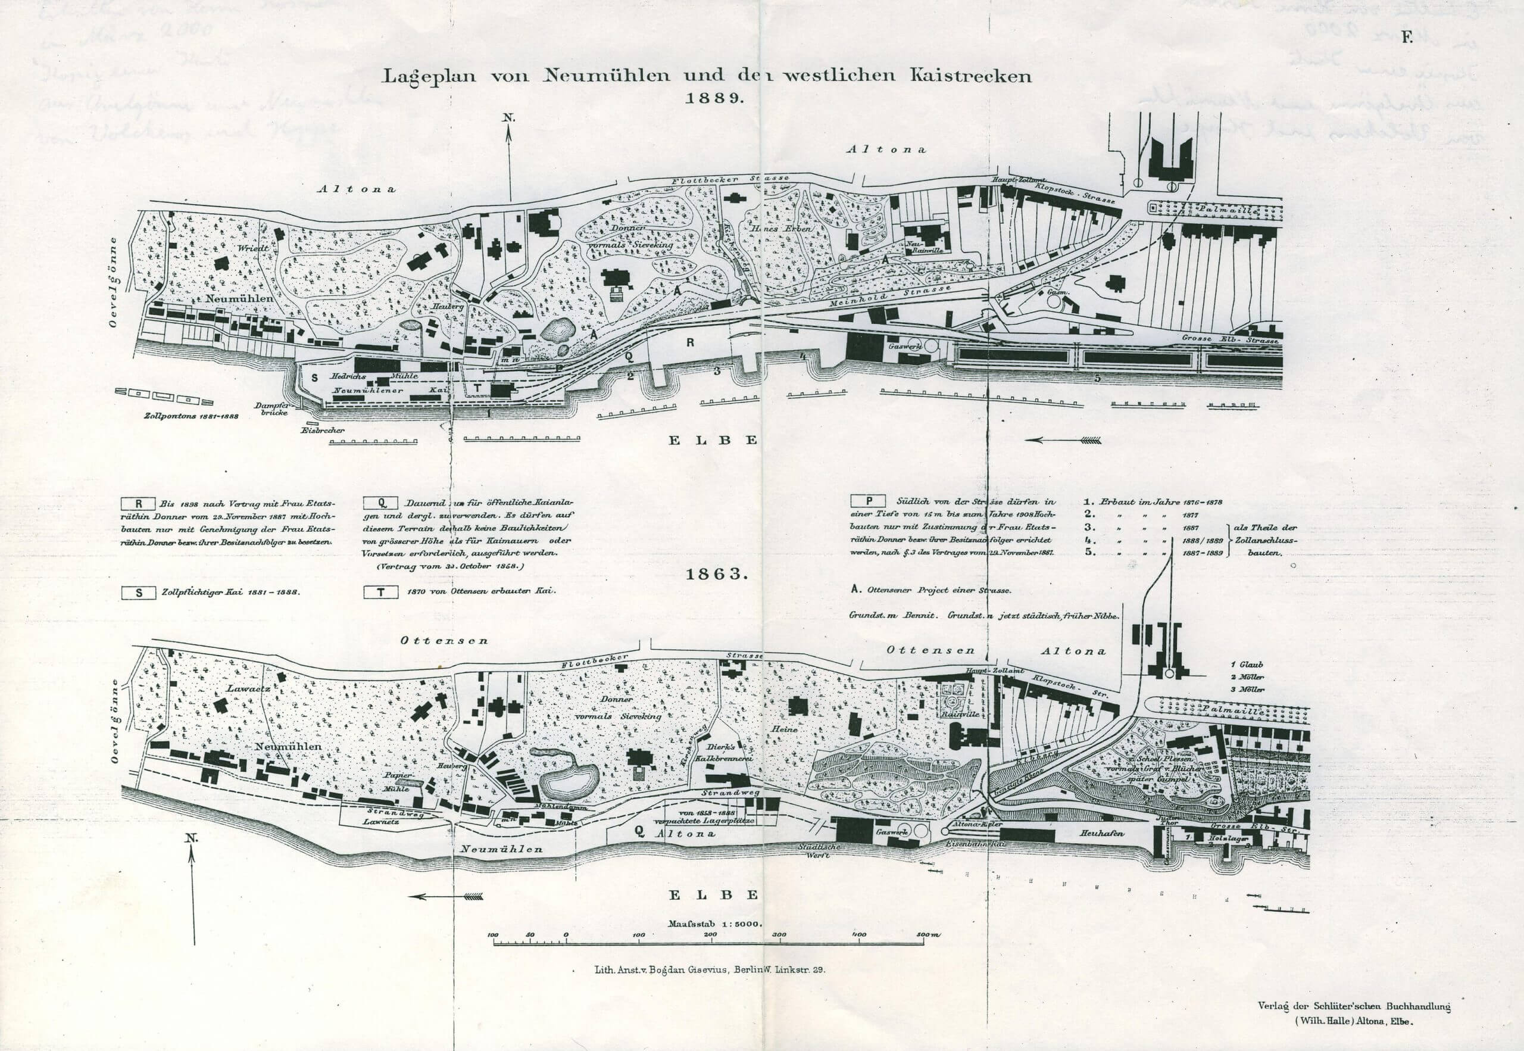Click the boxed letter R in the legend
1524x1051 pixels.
tap(139, 502)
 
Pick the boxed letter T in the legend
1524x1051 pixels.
tap(381, 592)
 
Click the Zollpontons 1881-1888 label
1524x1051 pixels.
tap(191, 416)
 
